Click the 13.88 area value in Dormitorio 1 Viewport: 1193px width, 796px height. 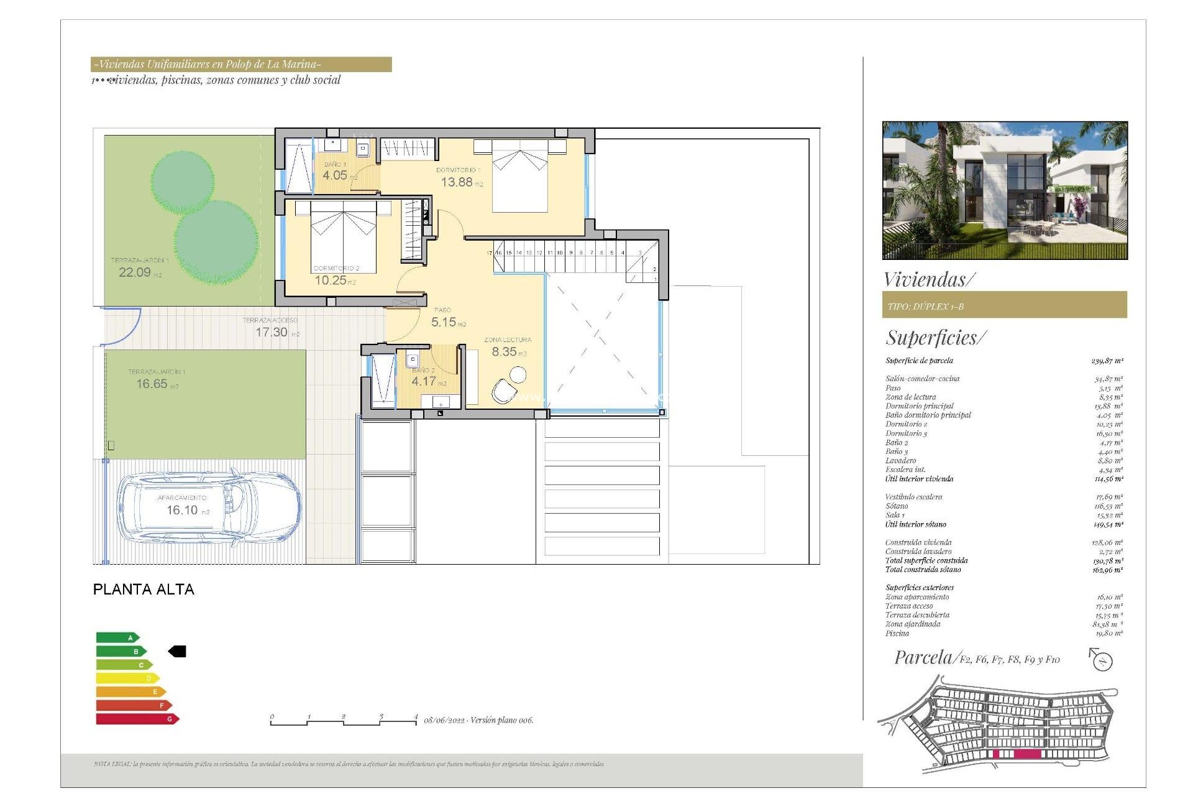tap(457, 182)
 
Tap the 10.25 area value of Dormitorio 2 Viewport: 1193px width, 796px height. tap(331, 280)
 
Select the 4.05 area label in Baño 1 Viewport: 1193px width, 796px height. tap(335, 175)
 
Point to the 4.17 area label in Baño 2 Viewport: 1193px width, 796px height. tap(424, 381)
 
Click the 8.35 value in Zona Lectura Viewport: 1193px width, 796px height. tap(504, 352)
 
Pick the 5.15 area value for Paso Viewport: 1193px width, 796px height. tap(444, 322)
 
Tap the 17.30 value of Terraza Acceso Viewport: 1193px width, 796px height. tap(272, 332)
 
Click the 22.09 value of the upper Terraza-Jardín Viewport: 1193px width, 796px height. tap(135, 272)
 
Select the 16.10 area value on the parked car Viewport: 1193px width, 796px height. tap(182, 510)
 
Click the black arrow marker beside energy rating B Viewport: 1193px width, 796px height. tap(178, 651)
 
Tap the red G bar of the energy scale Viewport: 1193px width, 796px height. tap(137, 719)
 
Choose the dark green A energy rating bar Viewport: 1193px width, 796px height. tap(117, 637)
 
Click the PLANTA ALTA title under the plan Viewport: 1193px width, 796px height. tap(144, 590)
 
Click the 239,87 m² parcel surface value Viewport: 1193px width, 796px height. tap(1107, 361)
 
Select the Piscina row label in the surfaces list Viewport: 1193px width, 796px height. tap(897, 633)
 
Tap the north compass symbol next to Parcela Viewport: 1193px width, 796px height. tap(1102, 660)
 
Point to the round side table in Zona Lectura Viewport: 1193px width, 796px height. tap(518, 374)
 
